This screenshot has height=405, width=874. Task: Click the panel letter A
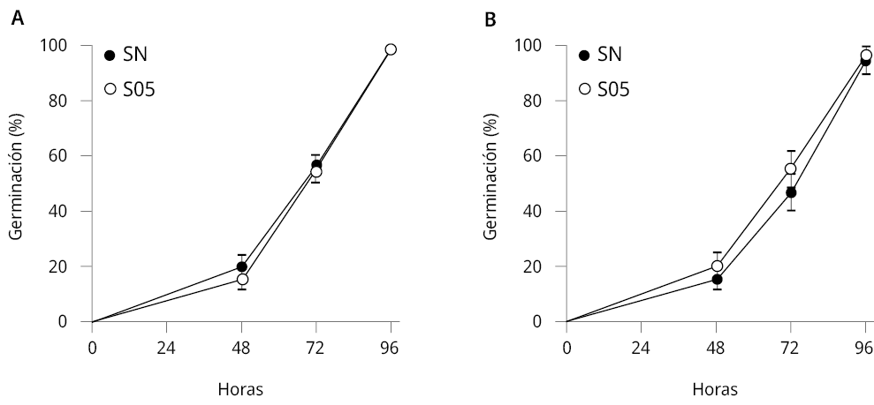(x=17, y=17)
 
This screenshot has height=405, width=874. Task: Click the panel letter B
(x=491, y=17)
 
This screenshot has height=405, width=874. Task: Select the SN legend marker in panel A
(x=110, y=55)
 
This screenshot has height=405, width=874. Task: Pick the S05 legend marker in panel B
(x=584, y=88)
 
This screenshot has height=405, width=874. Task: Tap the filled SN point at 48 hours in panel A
(x=242, y=266)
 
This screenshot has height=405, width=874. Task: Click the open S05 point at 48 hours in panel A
(x=242, y=279)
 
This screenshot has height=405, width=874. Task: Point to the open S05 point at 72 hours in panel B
(x=791, y=169)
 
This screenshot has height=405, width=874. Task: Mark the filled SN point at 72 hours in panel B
(x=791, y=192)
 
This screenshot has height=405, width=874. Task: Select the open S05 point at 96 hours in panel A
(x=391, y=49)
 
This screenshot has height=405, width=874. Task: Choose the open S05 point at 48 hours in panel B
(x=717, y=266)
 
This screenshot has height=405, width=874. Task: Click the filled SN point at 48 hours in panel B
(x=717, y=279)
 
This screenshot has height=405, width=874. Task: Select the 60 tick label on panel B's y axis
(x=546, y=155)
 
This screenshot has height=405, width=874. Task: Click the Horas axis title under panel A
(x=240, y=388)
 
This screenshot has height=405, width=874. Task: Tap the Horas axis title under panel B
(x=715, y=388)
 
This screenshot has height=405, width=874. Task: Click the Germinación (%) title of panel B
(x=491, y=184)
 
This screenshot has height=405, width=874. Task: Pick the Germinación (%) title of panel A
(x=17, y=184)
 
